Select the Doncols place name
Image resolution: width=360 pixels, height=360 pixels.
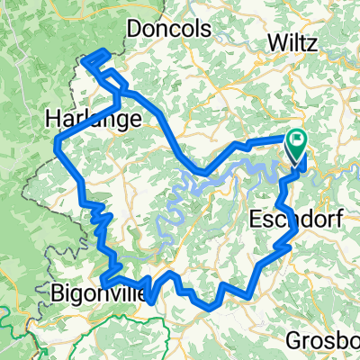[169, 30]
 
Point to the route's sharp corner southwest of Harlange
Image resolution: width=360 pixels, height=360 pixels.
[58, 145]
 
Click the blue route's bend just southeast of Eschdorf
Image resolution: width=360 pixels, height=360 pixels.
[296, 231]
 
